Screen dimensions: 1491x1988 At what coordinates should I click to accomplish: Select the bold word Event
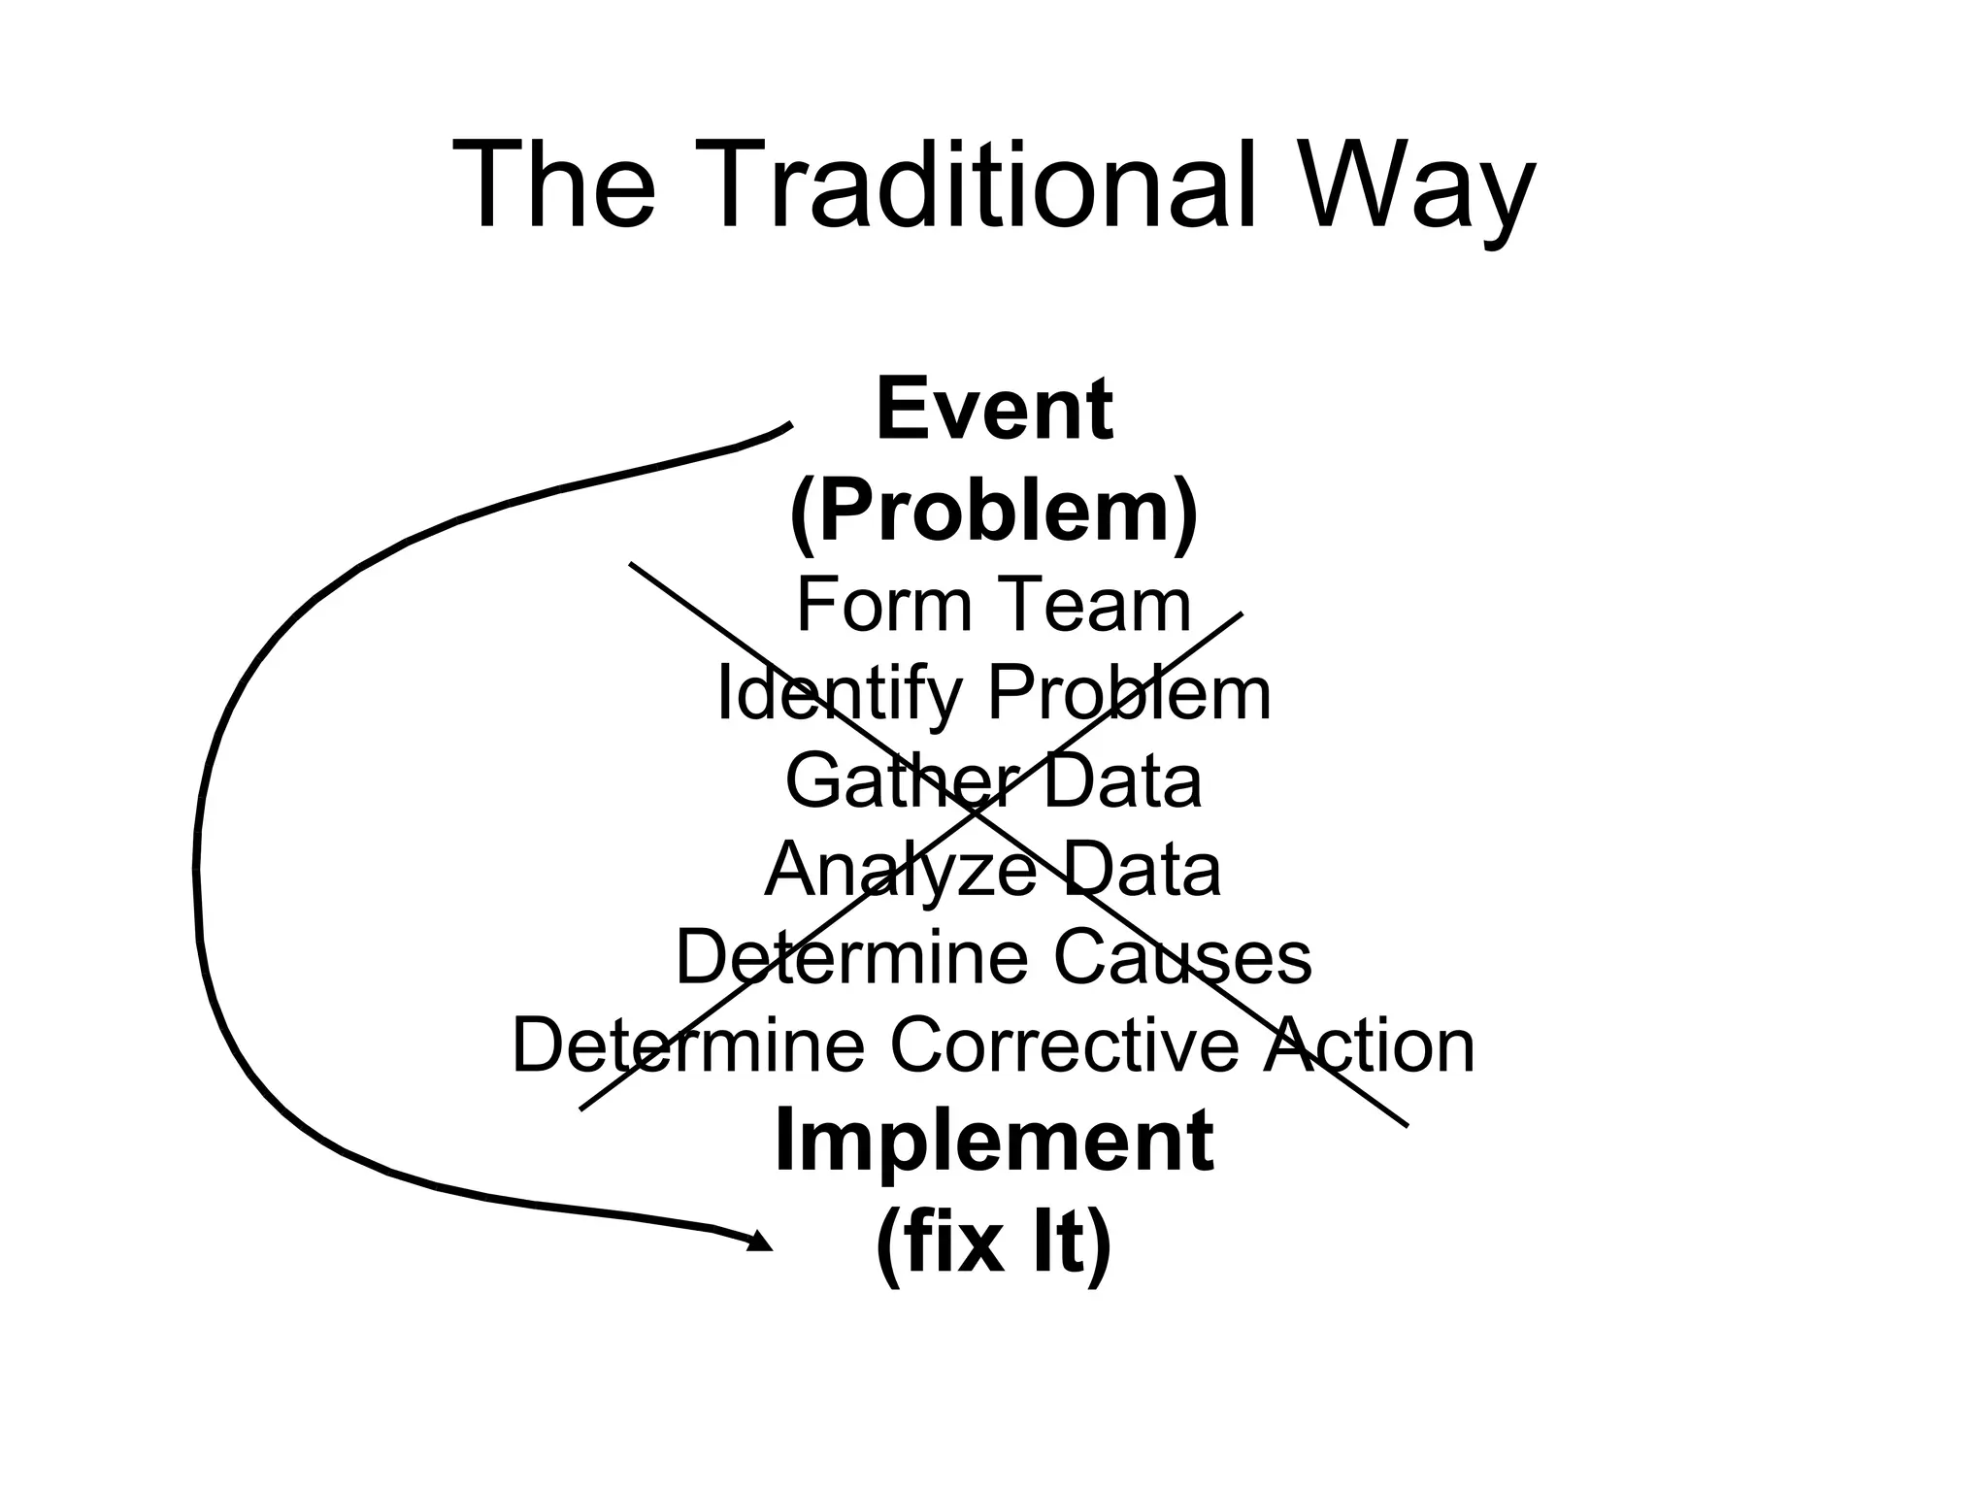pyautogui.click(x=993, y=410)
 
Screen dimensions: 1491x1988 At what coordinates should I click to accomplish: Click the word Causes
pyautogui.click(x=1182, y=957)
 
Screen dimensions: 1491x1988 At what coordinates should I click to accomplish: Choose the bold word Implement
pyautogui.click(x=993, y=1141)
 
